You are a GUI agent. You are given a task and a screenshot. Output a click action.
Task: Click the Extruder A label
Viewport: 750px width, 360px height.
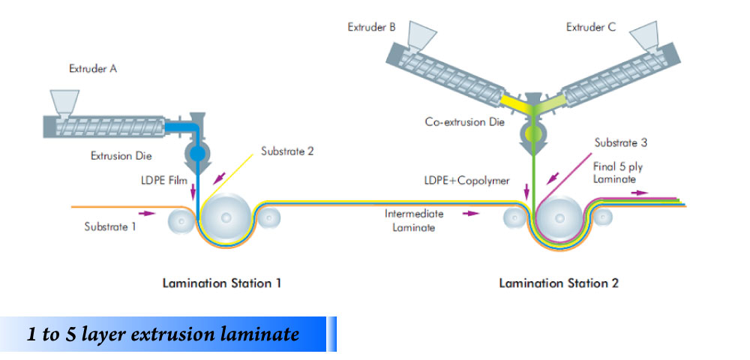[92, 69]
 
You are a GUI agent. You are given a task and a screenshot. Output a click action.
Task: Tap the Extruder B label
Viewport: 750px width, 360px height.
[371, 28]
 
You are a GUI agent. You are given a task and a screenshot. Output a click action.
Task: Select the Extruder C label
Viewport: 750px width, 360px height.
[590, 28]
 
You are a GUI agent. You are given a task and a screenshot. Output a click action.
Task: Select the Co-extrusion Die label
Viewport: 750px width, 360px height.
[465, 122]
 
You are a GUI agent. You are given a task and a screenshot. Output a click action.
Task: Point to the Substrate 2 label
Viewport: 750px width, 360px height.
[287, 151]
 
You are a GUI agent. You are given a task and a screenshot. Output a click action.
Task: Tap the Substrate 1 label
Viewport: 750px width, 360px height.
[110, 226]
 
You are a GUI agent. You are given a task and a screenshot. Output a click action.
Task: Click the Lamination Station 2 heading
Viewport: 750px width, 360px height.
[559, 283]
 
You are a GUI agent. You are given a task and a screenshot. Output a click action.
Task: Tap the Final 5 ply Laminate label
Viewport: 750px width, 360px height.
[617, 173]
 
